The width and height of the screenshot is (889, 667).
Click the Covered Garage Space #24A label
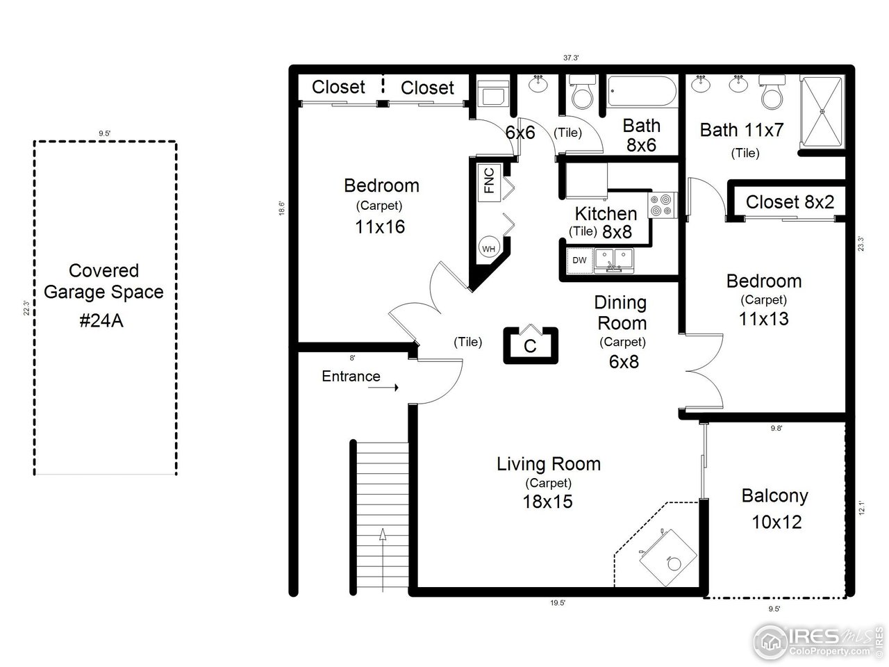pyautogui.click(x=103, y=292)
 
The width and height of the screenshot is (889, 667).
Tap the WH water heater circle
pyautogui.click(x=488, y=248)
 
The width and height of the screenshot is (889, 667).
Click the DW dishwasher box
pyautogui.click(x=579, y=261)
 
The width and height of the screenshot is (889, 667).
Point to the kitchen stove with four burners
pyautogui.click(x=662, y=205)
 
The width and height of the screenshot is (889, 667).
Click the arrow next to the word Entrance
pyautogui.click(x=383, y=388)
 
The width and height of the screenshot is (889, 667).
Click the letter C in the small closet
pyautogui.click(x=530, y=346)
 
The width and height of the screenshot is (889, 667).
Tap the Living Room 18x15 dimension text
pyautogui.click(x=548, y=501)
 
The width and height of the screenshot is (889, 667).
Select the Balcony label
pyautogui.click(x=774, y=495)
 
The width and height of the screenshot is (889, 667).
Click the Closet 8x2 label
pyautogui.click(x=790, y=202)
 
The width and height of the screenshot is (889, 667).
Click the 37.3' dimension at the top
pyautogui.click(x=571, y=58)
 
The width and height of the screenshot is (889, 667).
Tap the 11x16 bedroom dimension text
pyautogui.click(x=380, y=227)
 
